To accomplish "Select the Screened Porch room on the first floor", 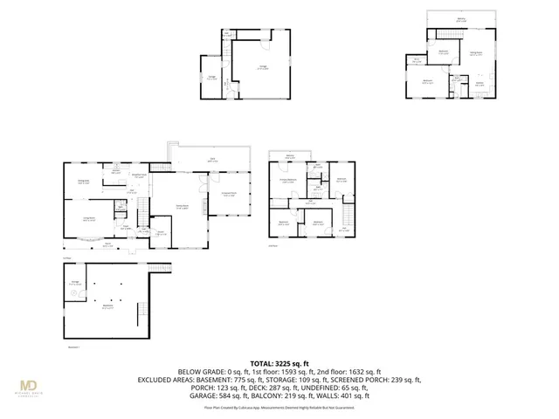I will tap(230, 195).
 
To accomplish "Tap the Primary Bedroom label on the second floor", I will tap(288, 181).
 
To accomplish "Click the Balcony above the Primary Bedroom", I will tap(289, 157).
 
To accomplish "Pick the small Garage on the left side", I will tap(212, 77).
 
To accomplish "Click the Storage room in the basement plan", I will tap(76, 282).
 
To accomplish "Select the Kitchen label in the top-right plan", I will tap(479, 84).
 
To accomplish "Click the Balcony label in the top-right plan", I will tap(461, 19).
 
